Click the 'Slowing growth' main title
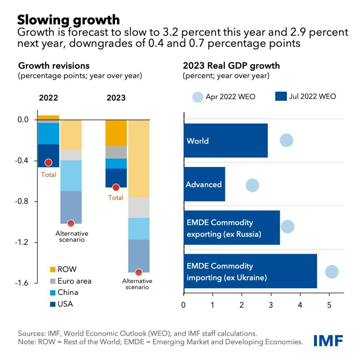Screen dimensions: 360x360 click(69, 19)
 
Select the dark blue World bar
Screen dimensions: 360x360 click(225, 141)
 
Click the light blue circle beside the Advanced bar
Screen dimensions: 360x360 click(252, 185)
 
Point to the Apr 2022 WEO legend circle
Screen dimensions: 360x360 click(198, 97)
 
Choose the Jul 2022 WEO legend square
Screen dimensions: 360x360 click(281, 97)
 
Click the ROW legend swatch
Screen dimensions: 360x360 click(53, 270)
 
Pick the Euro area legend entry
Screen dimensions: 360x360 click(70, 281)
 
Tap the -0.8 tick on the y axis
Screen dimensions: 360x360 click(23, 202)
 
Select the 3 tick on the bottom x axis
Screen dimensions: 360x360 click(271, 305)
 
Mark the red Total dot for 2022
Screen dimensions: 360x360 click(49, 162)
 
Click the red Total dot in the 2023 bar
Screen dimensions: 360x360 click(116, 187)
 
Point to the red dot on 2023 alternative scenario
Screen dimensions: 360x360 click(139, 272)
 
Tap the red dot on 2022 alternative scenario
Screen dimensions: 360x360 click(71, 223)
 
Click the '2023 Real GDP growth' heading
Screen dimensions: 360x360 click(231, 66)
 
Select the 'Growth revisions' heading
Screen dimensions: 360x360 click(54, 66)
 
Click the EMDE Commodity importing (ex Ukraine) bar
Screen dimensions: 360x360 click(250, 271)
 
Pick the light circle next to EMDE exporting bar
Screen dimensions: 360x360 click(288, 227)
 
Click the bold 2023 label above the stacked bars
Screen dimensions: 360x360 click(116, 97)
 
